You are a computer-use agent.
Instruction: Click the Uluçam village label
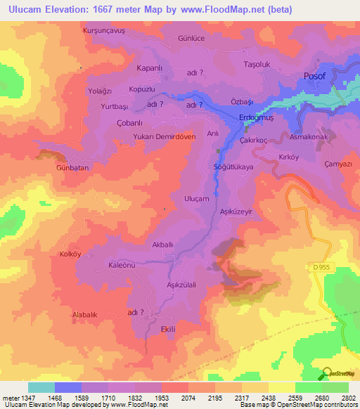(196, 199)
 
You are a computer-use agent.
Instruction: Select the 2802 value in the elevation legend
(349, 398)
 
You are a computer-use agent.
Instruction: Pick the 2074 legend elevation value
(188, 398)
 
